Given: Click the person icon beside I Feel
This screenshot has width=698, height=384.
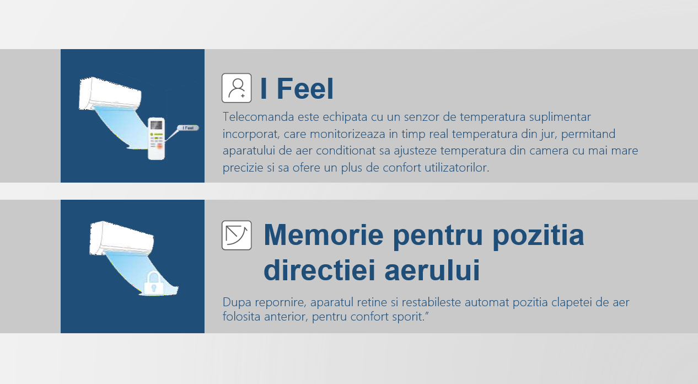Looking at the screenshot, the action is [237, 88].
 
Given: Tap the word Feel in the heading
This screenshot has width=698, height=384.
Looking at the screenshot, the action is [305, 89].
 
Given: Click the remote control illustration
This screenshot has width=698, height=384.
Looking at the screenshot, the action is [156, 138].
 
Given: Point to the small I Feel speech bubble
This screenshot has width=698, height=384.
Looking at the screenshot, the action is [188, 128].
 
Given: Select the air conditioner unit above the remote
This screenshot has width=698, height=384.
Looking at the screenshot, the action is [110, 94].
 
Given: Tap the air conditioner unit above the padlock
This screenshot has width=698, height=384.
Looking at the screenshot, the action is [121, 238].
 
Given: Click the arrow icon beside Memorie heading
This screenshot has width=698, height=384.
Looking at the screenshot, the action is [237, 235].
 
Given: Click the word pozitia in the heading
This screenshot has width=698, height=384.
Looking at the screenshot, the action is [538, 236].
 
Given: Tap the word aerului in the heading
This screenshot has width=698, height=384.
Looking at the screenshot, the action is [432, 270].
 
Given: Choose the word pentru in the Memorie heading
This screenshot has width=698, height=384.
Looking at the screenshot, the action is [438, 236].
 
